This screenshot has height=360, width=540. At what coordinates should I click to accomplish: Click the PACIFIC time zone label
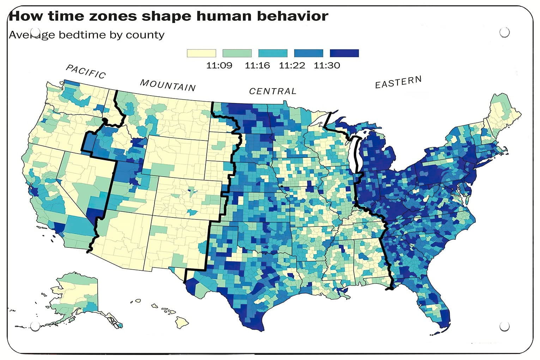click(86, 72)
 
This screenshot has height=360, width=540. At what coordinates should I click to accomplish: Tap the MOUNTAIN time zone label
click(168, 85)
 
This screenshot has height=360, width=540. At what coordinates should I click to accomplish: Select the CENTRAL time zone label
click(273, 91)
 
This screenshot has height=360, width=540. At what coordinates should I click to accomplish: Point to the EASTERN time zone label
click(398, 82)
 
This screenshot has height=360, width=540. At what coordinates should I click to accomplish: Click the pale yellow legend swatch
click(201, 53)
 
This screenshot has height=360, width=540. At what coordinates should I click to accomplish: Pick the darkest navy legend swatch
click(344, 53)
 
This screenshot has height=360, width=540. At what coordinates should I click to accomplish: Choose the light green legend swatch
click(237, 53)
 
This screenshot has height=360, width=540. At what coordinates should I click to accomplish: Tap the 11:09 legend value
click(219, 66)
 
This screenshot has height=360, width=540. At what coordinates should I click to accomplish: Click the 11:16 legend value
click(257, 66)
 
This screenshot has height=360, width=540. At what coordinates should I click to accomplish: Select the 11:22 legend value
click(292, 66)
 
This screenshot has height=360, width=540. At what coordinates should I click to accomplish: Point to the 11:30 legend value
click(327, 66)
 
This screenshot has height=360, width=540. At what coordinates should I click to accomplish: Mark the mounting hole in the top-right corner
click(505, 32)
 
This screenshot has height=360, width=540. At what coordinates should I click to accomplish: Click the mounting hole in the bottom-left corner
click(35, 326)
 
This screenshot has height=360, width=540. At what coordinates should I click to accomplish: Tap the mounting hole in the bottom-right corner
click(505, 326)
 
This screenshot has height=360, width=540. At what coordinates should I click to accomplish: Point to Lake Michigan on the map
click(356, 155)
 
